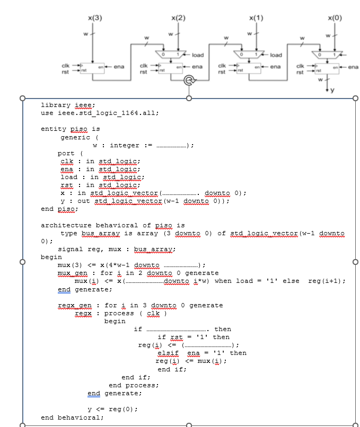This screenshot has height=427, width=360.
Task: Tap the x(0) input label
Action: point(336,18)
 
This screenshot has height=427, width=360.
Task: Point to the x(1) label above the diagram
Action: point(256,18)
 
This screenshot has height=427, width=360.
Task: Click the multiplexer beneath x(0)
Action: point(328,55)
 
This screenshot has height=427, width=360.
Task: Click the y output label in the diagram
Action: point(333,90)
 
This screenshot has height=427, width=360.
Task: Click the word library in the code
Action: point(56,105)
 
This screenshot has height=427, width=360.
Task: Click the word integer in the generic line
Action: point(125,145)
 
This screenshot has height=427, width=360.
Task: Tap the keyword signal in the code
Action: point(69,249)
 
